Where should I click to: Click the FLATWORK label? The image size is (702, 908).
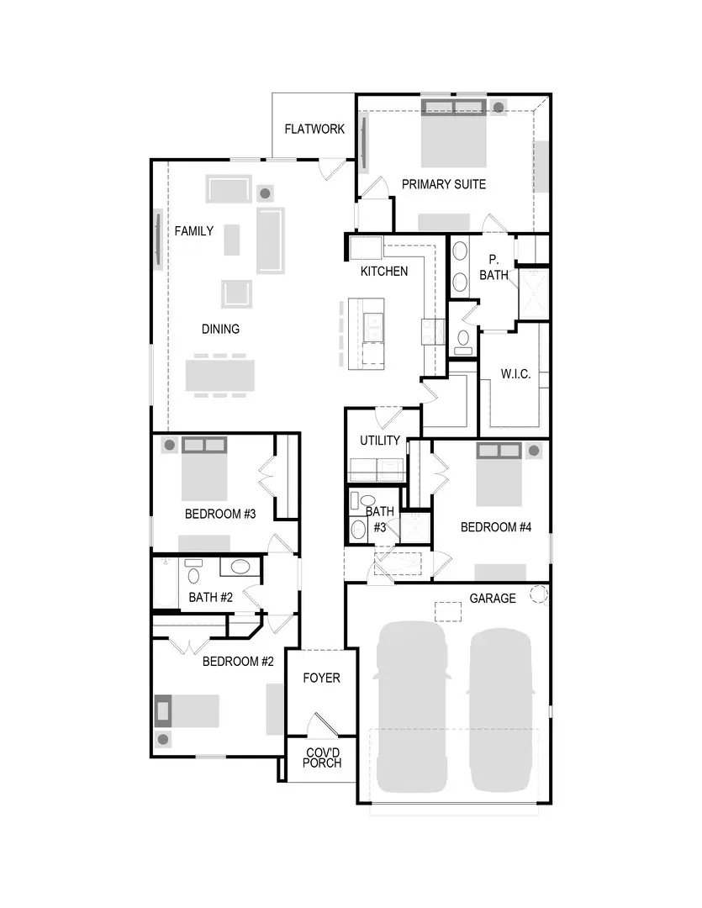click(x=314, y=129)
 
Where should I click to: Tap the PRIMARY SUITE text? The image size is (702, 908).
click(x=443, y=184)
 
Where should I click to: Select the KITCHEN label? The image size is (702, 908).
click(x=384, y=271)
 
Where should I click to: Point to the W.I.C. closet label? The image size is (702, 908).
click(x=515, y=374)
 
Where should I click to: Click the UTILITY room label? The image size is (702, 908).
click(x=380, y=441)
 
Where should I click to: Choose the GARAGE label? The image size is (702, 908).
click(x=493, y=599)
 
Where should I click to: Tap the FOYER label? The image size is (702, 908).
click(x=321, y=678)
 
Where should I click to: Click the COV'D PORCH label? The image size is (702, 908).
click(x=322, y=758)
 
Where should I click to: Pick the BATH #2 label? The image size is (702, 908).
click(x=210, y=598)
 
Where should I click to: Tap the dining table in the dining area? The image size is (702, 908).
click(x=219, y=375)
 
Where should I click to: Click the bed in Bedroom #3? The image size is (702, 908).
click(x=204, y=476)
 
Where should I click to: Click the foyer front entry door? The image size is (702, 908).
click(x=322, y=724)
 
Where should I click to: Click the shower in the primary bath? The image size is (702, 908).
click(x=533, y=293)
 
